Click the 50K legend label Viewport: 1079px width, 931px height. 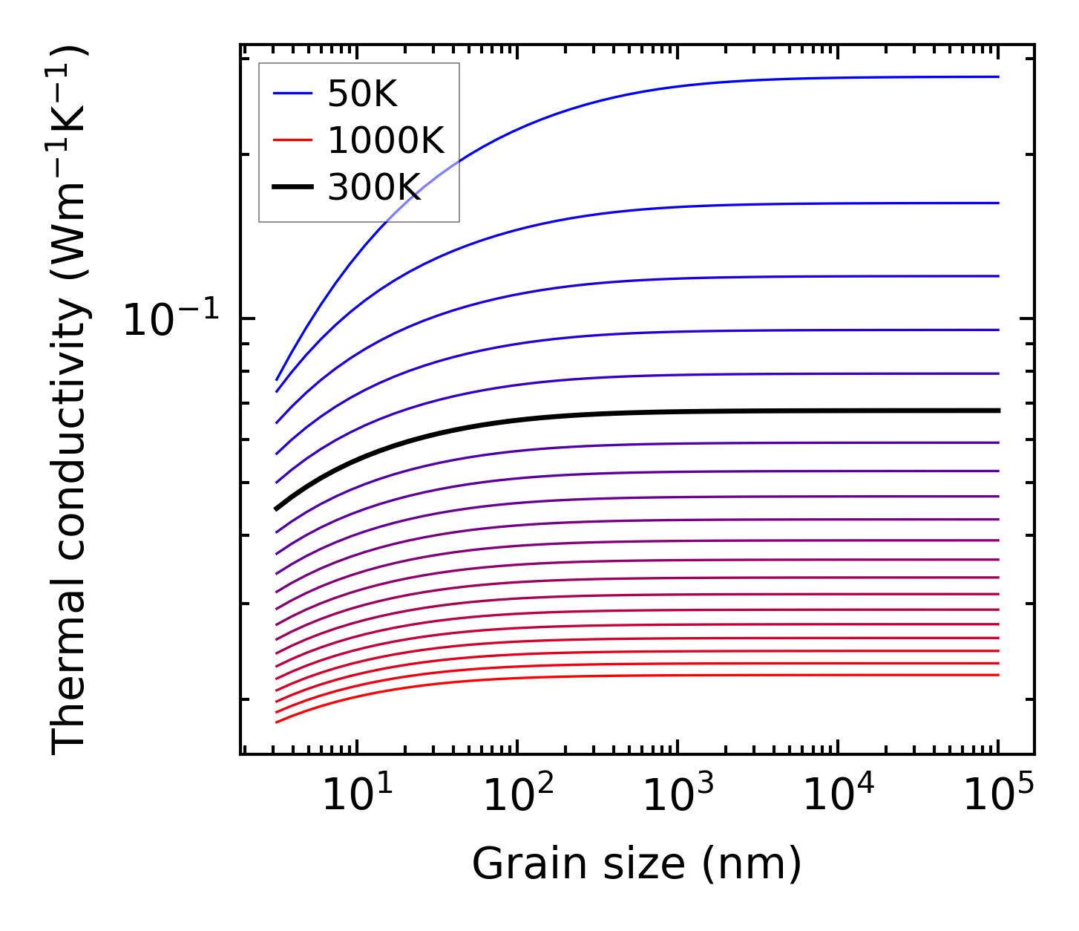362,94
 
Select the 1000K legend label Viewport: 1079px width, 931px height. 385,140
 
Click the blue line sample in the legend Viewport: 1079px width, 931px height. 292,94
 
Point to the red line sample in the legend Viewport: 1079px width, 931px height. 292,140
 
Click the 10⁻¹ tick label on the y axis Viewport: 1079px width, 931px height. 171,320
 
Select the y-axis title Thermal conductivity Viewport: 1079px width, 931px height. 70,401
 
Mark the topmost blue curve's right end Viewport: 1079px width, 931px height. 998,76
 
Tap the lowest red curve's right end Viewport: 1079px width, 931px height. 998,675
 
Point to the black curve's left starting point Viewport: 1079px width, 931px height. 276,509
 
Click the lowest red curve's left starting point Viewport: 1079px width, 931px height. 276,722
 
